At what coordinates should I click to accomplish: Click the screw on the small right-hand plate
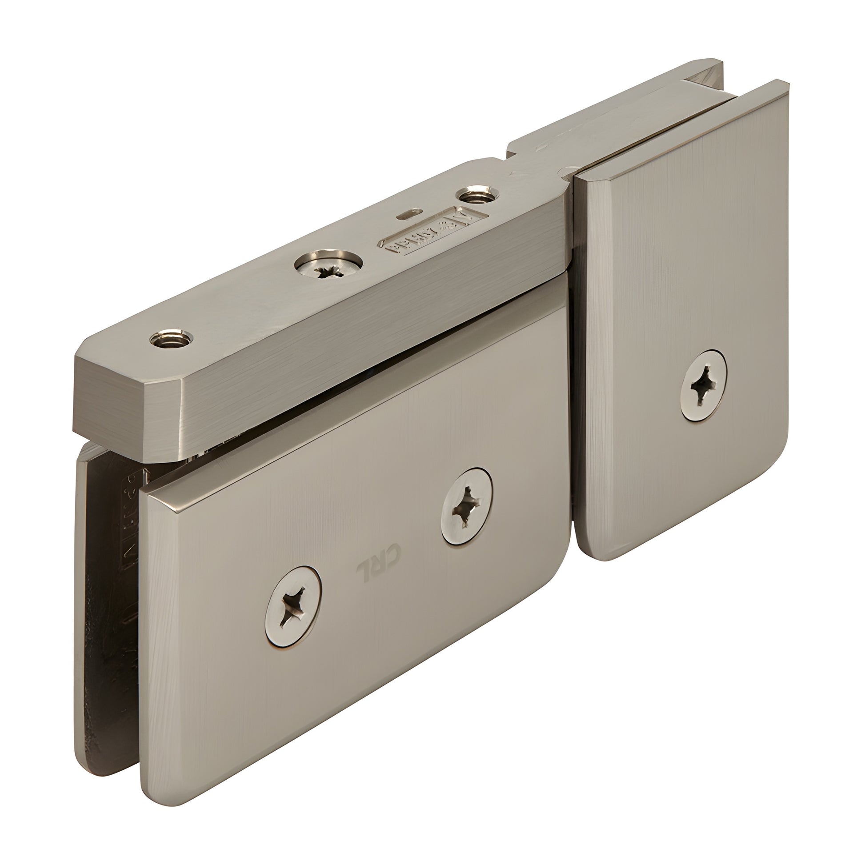click(x=703, y=385)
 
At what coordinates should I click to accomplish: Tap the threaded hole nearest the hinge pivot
click(x=477, y=195)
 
